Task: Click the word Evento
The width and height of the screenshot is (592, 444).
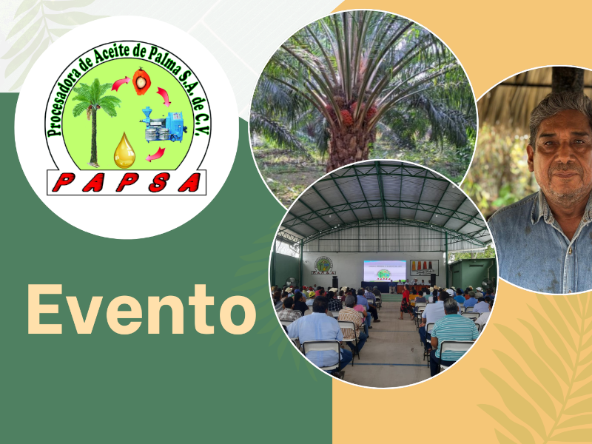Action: [x=141, y=309]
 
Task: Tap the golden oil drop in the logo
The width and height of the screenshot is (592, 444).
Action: [x=124, y=151]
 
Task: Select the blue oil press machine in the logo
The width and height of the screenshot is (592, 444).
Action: [x=164, y=124]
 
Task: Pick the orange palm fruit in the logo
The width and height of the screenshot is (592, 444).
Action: [x=141, y=81]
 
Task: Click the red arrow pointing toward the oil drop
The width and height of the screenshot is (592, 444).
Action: [x=155, y=154]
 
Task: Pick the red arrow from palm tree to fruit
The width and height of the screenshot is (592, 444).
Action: [x=121, y=84]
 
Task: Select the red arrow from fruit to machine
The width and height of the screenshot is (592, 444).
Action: [x=164, y=96]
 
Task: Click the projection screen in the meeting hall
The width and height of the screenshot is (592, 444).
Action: [x=385, y=271]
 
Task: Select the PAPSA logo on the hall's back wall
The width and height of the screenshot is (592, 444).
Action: [x=323, y=266]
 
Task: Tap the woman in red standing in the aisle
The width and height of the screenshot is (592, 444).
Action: [x=406, y=301]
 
